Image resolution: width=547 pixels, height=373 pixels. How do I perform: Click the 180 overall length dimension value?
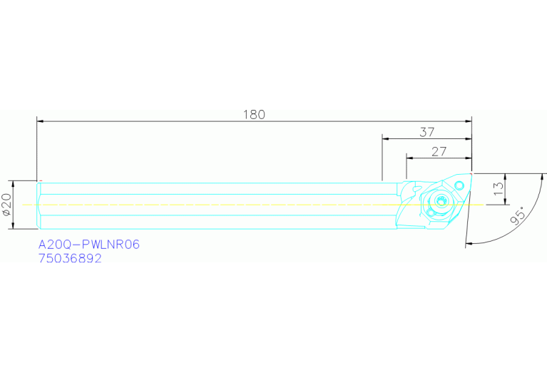coord(254,114)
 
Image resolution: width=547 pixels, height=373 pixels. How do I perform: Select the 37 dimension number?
coord(426,132)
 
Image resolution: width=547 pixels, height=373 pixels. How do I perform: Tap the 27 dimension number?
coord(439,151)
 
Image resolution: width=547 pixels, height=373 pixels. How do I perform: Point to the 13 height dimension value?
coord(499,188)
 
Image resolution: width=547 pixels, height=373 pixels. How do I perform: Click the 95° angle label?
coord(518,215)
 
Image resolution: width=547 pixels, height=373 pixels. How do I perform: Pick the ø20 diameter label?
coord(6,205)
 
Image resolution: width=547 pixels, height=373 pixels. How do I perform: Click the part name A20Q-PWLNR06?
coord(89,245)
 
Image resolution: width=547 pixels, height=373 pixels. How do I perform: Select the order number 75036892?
coord(70,259)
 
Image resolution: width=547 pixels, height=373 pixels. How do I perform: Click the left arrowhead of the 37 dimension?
coord(386,140)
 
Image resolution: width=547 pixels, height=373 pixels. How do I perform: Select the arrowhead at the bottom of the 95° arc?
coord(469,244)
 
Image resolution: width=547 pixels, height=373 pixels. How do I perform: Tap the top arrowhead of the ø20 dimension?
coord(14,184)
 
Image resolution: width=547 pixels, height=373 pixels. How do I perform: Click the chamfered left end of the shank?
coord(39,205)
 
